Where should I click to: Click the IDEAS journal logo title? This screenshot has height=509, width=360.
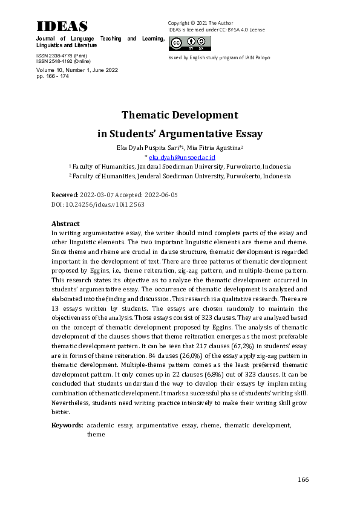pos(62,26)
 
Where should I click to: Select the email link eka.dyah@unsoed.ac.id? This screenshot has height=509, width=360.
pos(181,157)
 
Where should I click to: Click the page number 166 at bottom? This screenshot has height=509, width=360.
pos(303,479)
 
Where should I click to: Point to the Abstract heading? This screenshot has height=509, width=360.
pos(65,224)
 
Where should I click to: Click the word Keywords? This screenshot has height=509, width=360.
pos(67,426)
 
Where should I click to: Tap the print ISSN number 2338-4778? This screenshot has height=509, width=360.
pos(61,56)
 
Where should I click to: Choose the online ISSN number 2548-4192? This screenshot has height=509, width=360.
pos(61,61)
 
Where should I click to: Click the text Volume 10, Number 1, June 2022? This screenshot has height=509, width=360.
pos(77,70)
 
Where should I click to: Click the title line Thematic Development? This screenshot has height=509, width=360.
pos(180,115)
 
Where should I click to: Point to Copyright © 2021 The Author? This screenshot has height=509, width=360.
pos(199,23)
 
